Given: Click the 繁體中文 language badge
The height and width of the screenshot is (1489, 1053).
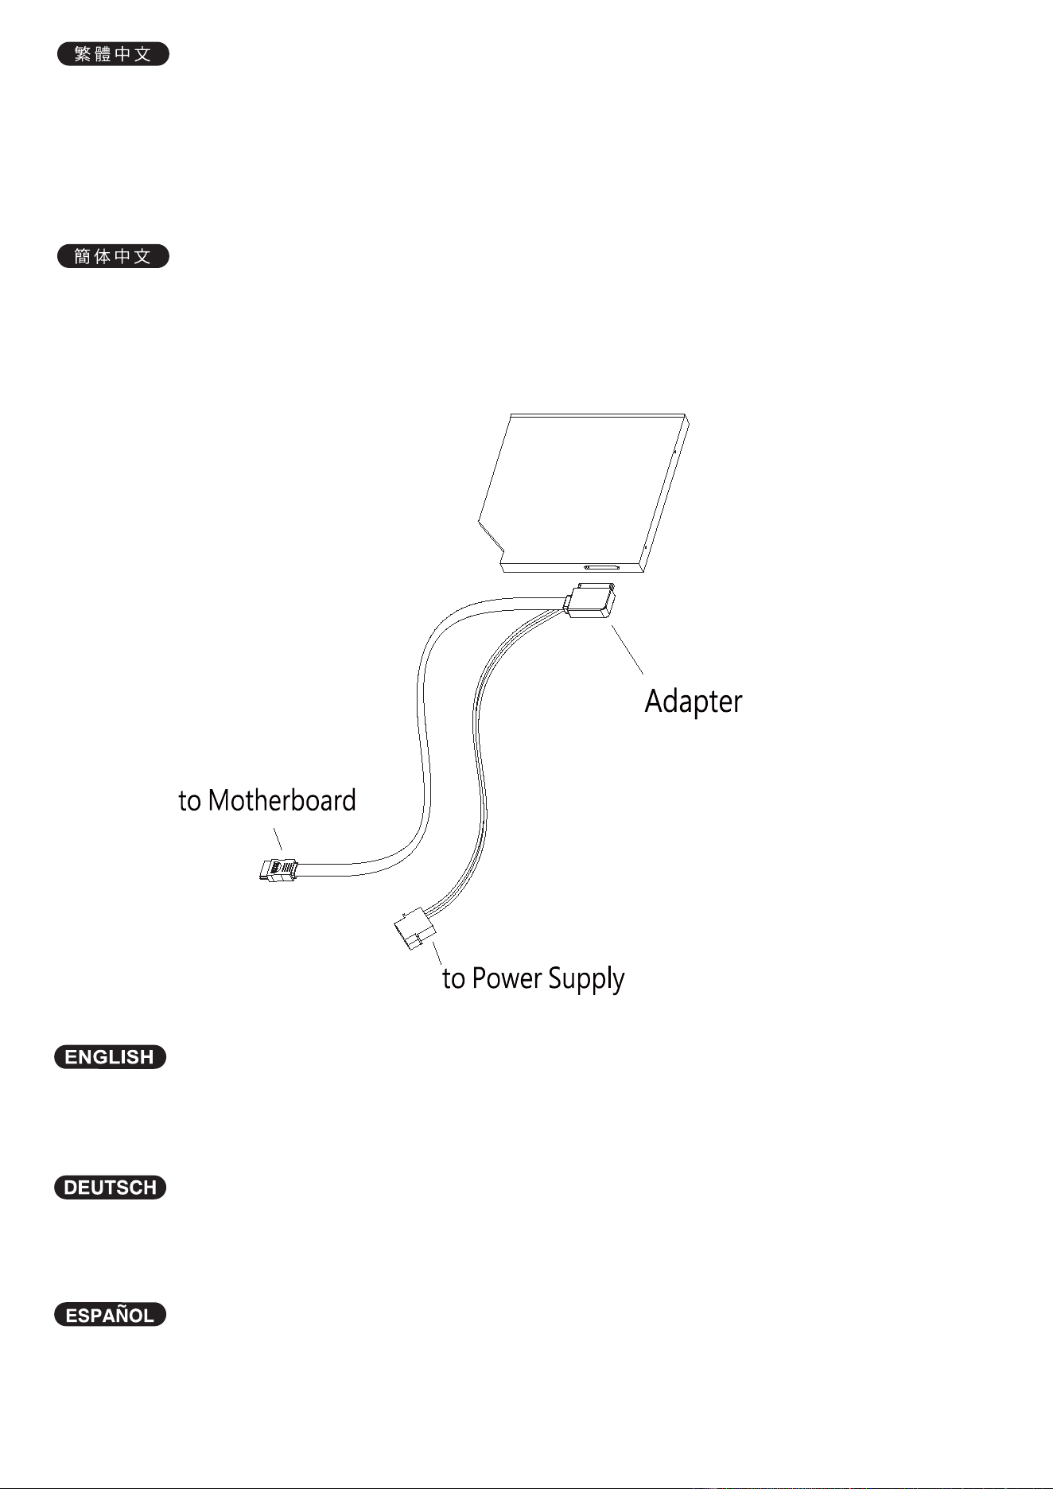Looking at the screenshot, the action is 113,54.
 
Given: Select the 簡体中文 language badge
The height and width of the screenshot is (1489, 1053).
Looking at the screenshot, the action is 113,256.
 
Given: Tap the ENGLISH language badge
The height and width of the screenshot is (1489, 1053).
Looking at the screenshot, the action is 110,1057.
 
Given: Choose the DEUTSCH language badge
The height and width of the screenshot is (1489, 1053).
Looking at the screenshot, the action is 110,1188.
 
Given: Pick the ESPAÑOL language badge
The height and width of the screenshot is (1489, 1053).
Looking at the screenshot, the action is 110,1315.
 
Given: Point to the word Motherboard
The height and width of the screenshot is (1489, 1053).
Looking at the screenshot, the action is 282,800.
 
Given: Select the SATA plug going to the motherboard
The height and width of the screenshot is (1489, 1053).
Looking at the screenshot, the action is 278,869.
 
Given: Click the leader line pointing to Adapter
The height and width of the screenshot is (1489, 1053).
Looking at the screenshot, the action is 628,650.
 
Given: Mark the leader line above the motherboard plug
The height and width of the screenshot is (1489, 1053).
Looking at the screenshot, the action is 278,839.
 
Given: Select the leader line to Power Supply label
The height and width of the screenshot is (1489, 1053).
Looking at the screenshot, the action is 437,954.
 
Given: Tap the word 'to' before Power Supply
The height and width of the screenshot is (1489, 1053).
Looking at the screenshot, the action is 453,979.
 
